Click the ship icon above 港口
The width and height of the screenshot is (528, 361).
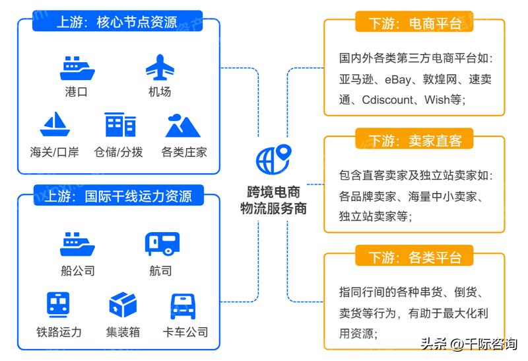[77, 69]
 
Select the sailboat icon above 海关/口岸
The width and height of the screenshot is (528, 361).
[54, 124]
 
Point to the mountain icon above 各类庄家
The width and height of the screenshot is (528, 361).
[183, 124]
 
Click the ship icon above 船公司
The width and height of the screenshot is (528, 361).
[77, 243]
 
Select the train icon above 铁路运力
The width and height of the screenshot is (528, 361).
[59, 305]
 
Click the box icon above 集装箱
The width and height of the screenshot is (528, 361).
[122, 305]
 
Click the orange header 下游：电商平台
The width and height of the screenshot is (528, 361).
[414, 24]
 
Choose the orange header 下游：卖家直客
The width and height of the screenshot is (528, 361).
[414, 140]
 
